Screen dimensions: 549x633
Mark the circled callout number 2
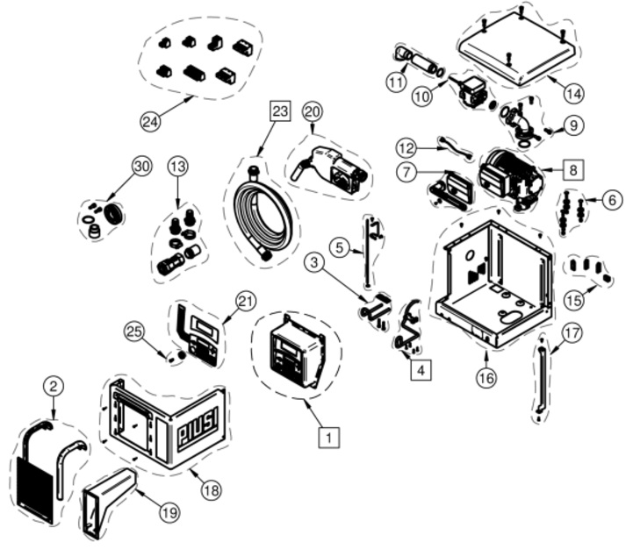coord(54,386)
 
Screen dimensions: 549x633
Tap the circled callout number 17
coord(572,333)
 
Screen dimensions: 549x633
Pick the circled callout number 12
coord(405,148)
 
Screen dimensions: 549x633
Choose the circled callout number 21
coord(246,300)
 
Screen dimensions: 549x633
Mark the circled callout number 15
coord(575,299)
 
